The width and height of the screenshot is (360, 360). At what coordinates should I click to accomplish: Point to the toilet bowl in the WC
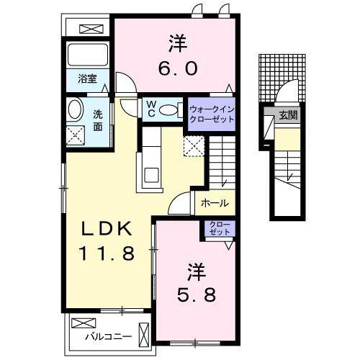pyautogui.click(x=169, y=109)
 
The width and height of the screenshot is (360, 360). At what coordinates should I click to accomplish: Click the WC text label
pyautogui.click(x=152, y=109)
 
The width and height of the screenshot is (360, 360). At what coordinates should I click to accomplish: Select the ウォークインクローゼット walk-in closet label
pyautogui.click(x=212, y=113)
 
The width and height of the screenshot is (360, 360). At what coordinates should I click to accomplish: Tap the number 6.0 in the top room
pyautogui.click(x=176, y=68)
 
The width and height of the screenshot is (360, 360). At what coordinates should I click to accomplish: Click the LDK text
pyautogui.click(x=105, y=230)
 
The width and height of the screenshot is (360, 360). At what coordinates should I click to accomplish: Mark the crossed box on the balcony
pyautogui.click(x=81, y=323)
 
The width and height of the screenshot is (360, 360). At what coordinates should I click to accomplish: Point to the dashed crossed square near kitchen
pyautogui.click(x=194, y=146)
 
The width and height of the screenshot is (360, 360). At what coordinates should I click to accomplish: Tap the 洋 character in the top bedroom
pyautogui.click(x=177, y=43)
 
